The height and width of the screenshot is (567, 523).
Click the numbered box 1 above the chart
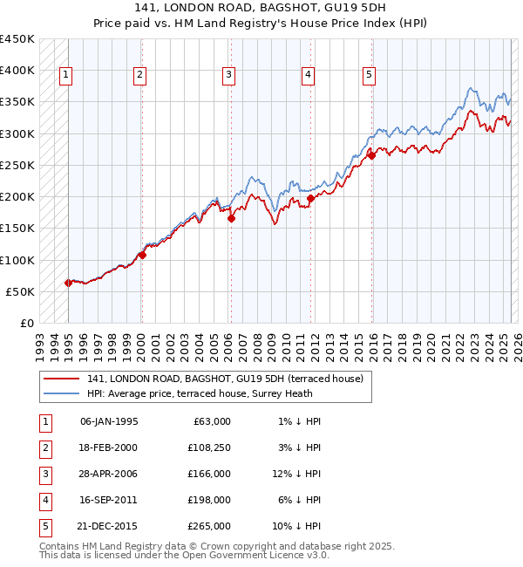(66, 76)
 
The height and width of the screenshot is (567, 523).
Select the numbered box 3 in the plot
(228, 76)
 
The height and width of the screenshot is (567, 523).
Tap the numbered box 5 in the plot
(370, 76)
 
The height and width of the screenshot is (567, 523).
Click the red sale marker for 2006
(232, 219)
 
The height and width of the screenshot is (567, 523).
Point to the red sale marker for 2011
(310, 199)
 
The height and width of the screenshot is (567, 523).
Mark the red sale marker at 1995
(68, 283)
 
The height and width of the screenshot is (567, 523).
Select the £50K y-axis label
(20, 291)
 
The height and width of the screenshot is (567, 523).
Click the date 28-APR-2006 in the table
(109, 474)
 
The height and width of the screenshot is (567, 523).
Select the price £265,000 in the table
(208, 526)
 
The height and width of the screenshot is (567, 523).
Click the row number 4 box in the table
(44, 500)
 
